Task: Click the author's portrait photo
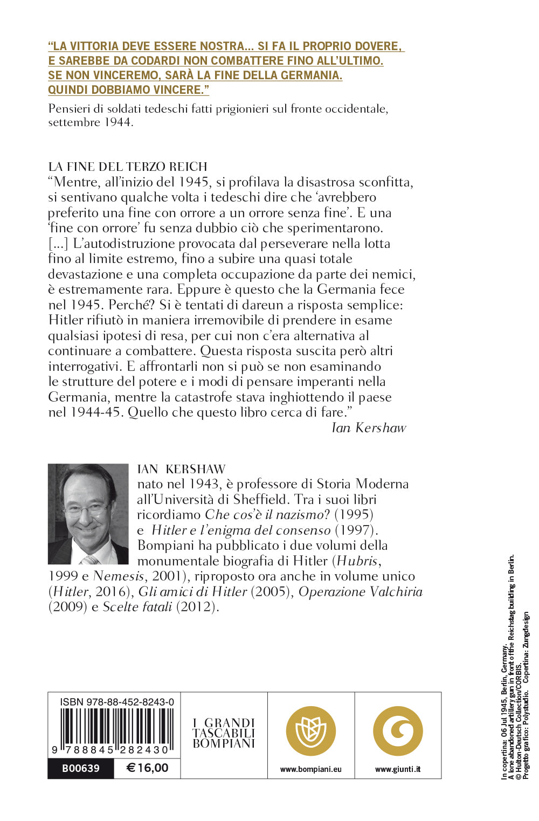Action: coord(88,514)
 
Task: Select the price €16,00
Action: coord(147,768)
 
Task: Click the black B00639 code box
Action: coord(81,768)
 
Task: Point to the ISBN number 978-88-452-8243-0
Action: coord(117,702)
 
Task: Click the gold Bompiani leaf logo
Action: coord(311,732)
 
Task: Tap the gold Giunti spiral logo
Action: coord(398,732)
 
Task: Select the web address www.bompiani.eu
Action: coord(311,769)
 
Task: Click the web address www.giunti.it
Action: coord(398,769)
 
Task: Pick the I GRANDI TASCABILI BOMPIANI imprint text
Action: coord(224,733)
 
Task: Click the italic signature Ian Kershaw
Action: coord(369,428)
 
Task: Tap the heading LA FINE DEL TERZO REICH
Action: coord(128,167)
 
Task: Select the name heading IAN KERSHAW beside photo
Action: coord(181,469)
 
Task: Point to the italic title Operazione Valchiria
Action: coord(360,591)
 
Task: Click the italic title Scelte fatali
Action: coord(137,607)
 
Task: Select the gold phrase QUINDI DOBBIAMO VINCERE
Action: coord(128,90)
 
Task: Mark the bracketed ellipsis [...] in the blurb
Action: coord(58,244)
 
